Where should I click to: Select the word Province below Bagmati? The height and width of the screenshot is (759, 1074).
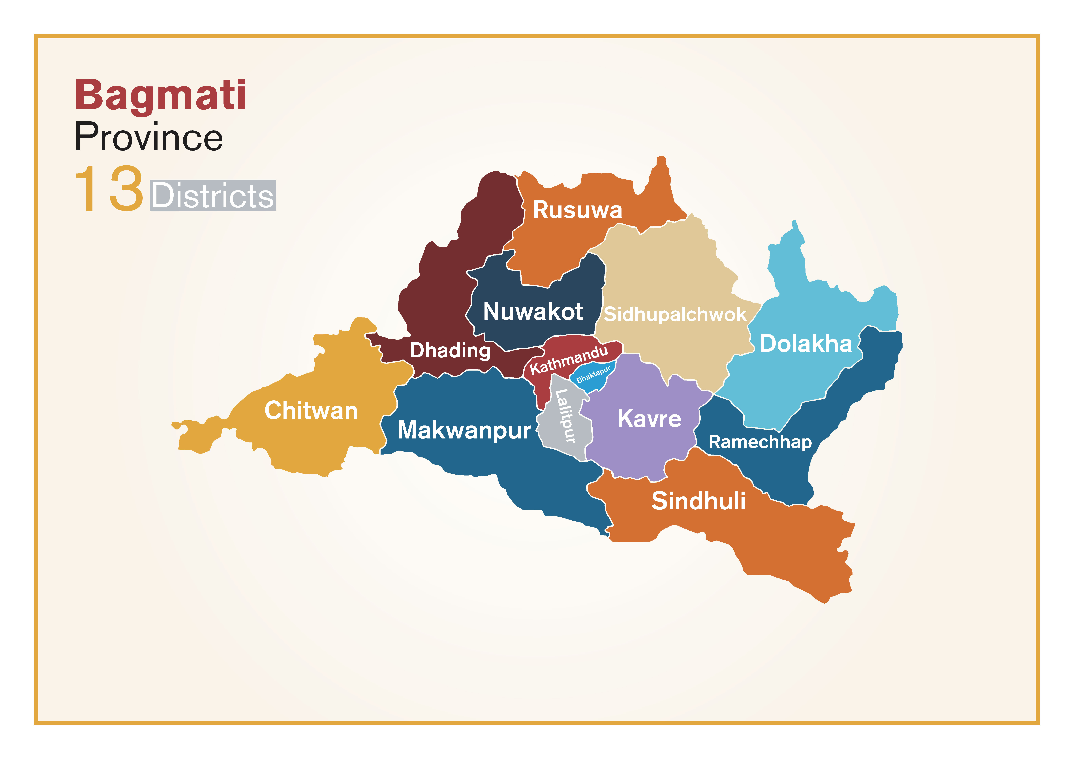point(149,137)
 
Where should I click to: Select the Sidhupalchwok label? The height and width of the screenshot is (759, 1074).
point(675,314)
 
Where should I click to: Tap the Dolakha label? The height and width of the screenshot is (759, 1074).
point(805,344)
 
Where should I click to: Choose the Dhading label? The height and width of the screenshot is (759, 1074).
point(450,350)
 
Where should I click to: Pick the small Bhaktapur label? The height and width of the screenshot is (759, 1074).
point(593,374)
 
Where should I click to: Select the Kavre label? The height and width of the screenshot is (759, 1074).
point(649,419)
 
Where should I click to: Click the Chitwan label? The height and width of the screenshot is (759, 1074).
point(311,411)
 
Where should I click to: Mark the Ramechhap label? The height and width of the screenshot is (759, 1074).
point(760,442)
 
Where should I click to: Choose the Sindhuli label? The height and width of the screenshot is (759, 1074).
point(698,501)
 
